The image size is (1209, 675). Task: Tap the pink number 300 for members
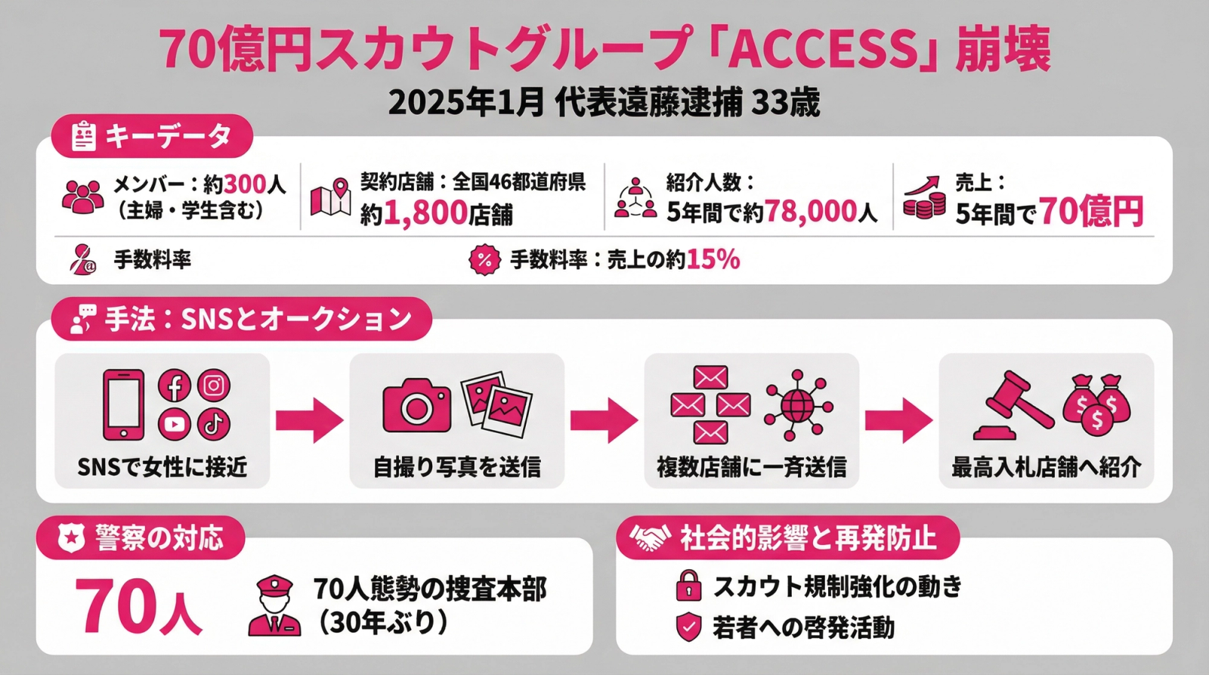(x=245, y=184)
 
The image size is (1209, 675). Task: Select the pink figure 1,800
(x=425, y=213)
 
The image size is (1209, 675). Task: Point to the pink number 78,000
(x=811, y=212)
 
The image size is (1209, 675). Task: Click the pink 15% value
(x=713, y=259)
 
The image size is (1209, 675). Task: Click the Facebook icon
(x=174, y=386)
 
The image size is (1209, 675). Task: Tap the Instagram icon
(x=214, y=386)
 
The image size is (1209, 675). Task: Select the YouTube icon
(x=174, y=424)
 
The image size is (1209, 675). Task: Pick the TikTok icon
(x=214, y=424)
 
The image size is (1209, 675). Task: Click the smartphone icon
(x=123, y=404)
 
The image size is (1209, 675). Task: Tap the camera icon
(x=416, y=406)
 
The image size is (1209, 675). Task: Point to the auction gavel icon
(x=1013, y=405)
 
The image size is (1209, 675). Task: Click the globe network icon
(x=798, y=405)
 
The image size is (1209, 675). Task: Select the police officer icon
(x=274, y=605)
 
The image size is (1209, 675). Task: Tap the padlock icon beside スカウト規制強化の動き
(x=688, y=586)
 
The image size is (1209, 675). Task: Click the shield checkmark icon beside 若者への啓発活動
(x=688, y=627)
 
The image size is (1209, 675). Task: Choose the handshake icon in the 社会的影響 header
(x=651, y=538)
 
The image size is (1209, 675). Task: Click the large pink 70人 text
(x=138, y=607)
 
